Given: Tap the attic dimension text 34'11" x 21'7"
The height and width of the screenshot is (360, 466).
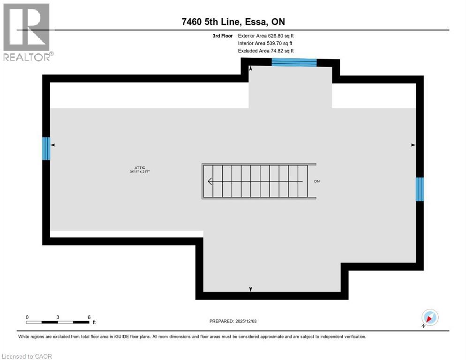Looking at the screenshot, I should click(140, 172).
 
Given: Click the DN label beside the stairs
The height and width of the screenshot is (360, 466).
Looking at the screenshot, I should click(317, 181).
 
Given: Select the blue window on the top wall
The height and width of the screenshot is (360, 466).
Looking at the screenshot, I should click(294, 62).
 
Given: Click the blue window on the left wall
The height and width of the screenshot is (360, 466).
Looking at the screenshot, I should click(46, 148).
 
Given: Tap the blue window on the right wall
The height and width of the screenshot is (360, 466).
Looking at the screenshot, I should click(420, 189).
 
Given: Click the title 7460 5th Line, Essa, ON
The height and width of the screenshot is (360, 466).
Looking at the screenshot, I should click(233, 22).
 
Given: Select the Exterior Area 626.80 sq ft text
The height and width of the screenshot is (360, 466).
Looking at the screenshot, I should click(266, 36).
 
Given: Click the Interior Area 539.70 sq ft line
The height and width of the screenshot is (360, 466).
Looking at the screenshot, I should click(265, 43).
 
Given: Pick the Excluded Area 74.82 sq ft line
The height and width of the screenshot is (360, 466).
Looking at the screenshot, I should click(266, 51).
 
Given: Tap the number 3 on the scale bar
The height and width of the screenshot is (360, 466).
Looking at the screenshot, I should click(58, 317).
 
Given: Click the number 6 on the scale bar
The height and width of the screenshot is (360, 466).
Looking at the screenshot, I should click(89, 317).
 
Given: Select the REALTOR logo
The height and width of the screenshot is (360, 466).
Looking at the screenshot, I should click(27, 32).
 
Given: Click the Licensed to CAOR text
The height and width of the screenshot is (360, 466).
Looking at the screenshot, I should click(27, 356).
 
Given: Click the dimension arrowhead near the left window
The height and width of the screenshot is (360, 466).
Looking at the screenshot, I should click(53, 145).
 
